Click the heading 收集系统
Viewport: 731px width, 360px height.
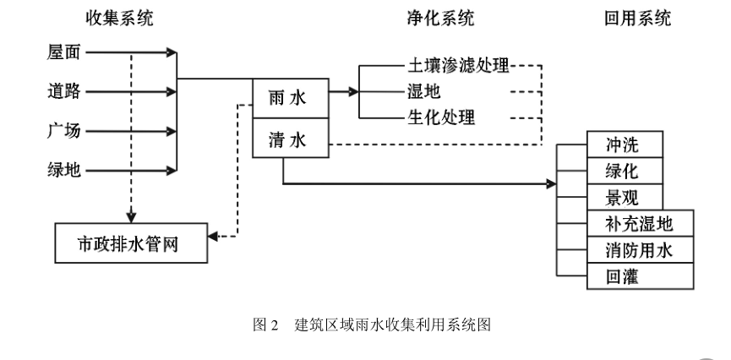coord(120,19)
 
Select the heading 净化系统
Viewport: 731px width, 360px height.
coord(440,19)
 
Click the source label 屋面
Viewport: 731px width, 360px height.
coord(63,52)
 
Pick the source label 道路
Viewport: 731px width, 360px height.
coord(63,91)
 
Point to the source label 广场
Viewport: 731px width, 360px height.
coord(63,131)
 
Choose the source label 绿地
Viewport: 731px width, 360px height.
coord(63,170)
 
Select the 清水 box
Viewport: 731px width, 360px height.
coord(290,139)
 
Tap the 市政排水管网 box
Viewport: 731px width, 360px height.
coord(131,243)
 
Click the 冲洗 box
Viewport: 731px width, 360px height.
coord(622,145)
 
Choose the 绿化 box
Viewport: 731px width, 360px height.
coord(622,171)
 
